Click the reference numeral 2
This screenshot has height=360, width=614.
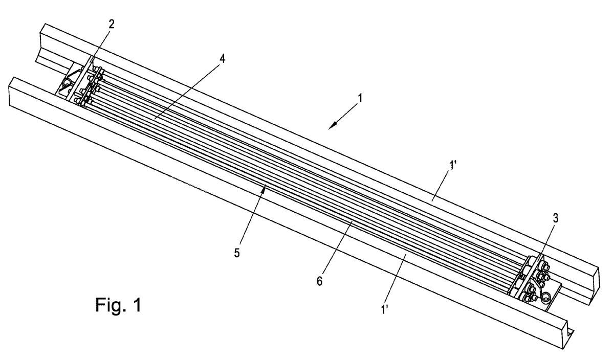click(111, 24)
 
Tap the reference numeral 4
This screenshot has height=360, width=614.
click(223, 58)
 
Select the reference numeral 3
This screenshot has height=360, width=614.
click(555, 218)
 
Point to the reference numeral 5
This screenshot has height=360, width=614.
click(237, 253)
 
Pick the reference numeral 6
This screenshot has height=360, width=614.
click(320, 281)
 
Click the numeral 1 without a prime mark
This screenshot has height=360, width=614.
click(360, 98)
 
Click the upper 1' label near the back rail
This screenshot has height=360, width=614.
click(452, 165)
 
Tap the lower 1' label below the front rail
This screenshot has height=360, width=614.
click(384, 309)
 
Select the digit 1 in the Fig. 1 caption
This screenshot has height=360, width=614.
click(137, 304)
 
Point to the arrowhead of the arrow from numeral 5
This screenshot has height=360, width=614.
click(264, 189)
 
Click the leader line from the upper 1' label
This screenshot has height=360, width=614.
click(441, 186)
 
